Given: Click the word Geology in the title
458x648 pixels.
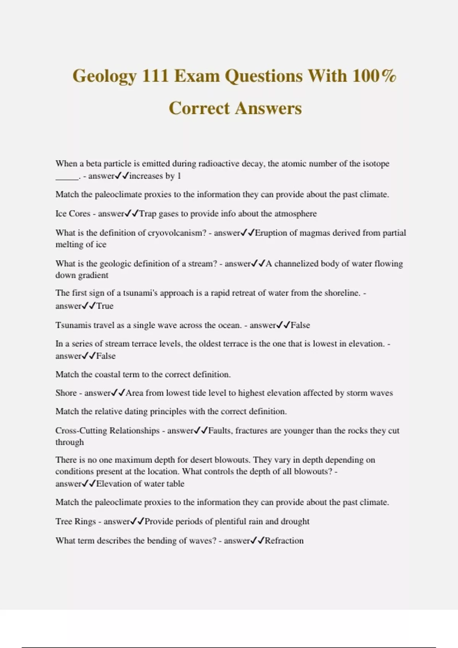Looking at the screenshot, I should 104,76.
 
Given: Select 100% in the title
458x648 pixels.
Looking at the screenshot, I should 374,75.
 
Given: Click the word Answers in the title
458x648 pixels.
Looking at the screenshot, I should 268,108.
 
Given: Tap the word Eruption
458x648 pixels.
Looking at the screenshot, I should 271,233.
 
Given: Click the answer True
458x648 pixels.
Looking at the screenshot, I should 105,306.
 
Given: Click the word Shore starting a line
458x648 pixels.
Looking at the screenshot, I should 66,393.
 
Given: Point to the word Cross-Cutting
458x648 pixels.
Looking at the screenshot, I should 81,430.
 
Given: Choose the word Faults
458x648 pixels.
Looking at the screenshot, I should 219,430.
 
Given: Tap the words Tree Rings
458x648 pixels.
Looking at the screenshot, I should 76,521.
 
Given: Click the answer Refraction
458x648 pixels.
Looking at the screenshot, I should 284,541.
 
